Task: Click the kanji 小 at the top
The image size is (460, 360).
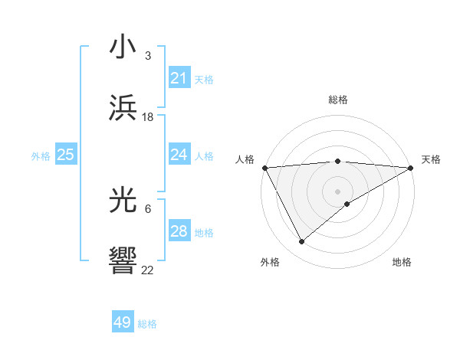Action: (x=123, y=48)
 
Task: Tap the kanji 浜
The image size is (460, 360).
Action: (x=123, y=108)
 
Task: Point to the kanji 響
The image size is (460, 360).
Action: (x=123, y=261)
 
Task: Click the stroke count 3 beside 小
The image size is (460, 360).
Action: (x=147, y=56)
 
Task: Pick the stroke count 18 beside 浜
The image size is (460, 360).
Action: (x=148, y=116)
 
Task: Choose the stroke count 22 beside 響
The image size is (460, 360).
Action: (x=148, y=270)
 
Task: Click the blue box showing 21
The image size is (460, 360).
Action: (x=179, y=78)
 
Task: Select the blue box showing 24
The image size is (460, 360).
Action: (x=179, y=155)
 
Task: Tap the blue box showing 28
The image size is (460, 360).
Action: (x=179, y=231)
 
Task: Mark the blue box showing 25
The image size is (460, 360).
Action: (x=65, y=155)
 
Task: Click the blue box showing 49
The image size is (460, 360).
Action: (x=123, y=322)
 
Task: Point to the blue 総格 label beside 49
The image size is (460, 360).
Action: (x=147, y=324)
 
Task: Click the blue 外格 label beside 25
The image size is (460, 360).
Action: (x=41, y=156)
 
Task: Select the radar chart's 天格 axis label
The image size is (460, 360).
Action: (x=431, y=159)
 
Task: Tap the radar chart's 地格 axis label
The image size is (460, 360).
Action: (x=402, y=262)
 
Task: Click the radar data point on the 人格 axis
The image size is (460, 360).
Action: (x=264, y=167)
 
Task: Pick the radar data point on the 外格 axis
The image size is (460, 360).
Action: (x=301, y=242)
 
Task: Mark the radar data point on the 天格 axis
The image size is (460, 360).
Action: (x=412, y=168)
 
